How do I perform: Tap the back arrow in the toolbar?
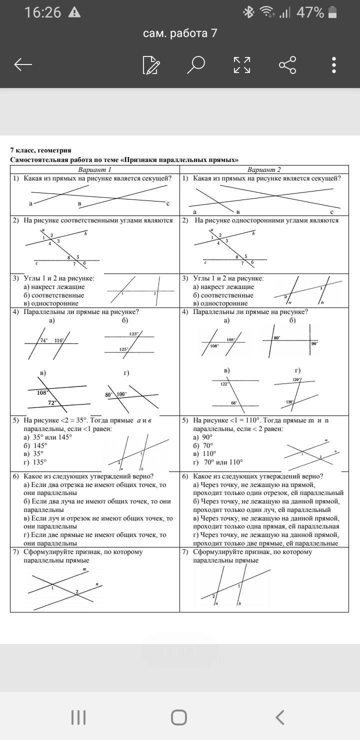point(23,64)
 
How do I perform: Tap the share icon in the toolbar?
point(287,64)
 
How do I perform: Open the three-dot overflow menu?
point(334,64)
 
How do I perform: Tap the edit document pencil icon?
point(151,65)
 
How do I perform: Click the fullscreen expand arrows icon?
point(242,64)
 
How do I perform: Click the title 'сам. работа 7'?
point(180,33)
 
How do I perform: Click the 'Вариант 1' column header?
point(95,169)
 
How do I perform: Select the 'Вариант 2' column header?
point(264,169)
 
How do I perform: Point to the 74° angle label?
point(44,340)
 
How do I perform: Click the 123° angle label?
point(134,333)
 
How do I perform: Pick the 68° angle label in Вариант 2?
point(233,402)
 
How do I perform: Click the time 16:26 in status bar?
point(43,12)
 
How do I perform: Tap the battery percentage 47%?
point(310,12)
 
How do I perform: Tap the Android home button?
point(179,717)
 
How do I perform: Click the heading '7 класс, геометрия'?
point(41,150)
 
